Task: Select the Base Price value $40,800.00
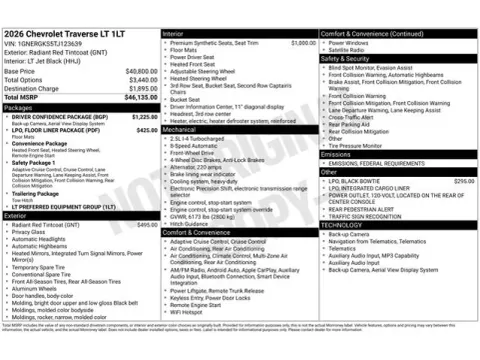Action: tap(140, 72)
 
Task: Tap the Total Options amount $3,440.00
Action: tap(142, 80)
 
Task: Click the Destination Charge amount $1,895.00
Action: tap(142, 88)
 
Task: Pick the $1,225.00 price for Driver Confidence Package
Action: tap(145, 117)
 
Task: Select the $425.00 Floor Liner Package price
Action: tap(146, 130)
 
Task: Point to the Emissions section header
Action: tap(336, 154)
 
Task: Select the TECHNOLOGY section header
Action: tap(342, 225)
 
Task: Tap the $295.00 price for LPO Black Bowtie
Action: tap(463, 181)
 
